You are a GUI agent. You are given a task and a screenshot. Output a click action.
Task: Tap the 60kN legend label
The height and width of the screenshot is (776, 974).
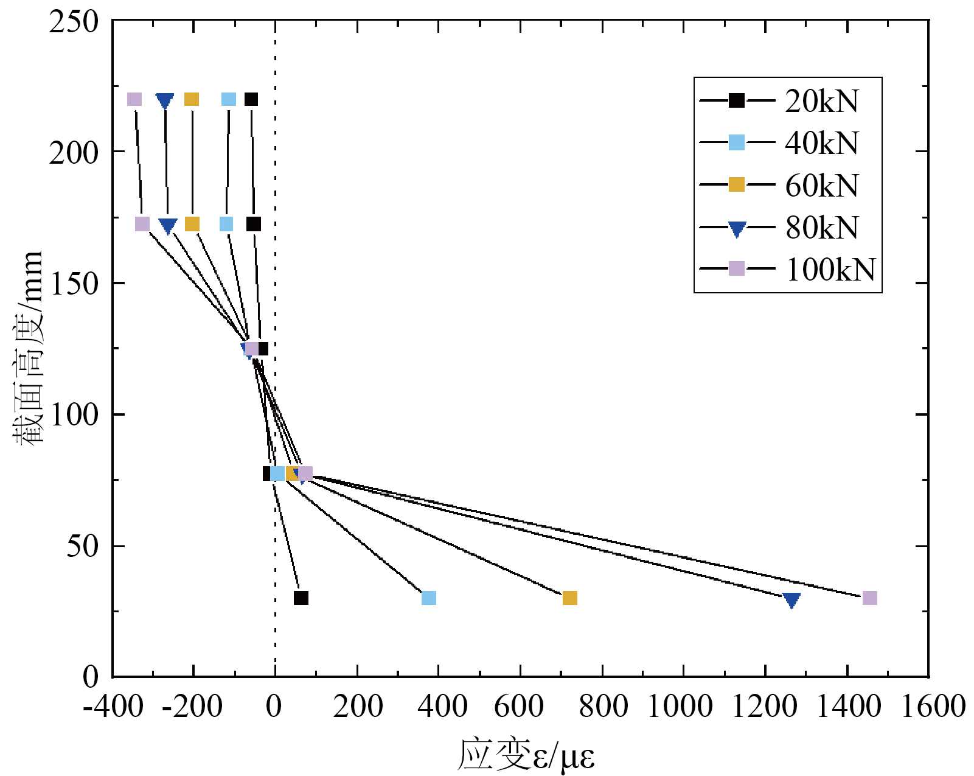[x=821, y=185]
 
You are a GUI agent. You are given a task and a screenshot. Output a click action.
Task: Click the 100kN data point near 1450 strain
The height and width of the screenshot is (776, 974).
[x=870, y=598]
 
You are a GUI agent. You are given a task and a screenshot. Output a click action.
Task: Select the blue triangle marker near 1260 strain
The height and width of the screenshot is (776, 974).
[x=791, y=600]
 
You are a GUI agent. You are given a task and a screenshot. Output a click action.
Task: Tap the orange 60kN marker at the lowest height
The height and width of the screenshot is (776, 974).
[x=569, y=598]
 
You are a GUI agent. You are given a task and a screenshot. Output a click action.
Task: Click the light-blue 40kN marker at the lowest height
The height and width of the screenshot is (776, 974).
[x=429, y=598]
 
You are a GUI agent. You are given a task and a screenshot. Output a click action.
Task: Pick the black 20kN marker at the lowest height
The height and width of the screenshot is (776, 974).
[x=301, y=598]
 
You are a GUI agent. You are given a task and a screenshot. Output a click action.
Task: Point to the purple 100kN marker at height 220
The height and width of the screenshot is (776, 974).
[x=134, y=99]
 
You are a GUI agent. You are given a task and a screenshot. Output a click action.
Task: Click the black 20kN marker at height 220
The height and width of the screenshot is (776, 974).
[x=251, y=99]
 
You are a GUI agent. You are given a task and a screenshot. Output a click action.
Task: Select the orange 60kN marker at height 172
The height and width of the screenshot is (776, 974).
[x=192, y=224]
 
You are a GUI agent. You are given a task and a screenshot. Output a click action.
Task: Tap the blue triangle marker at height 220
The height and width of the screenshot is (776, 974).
[x=165, y=100]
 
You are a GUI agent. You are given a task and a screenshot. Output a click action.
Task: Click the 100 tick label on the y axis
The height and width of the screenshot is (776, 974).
[x=72, y=415]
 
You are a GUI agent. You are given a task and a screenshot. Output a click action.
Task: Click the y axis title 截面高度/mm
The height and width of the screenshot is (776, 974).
[x=28, y=347]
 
